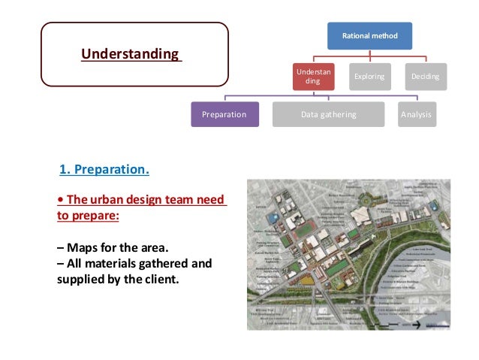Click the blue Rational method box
pos(369,35)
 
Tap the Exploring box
pos(369,76)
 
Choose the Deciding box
pos(426,76)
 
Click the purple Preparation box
pos(224,115)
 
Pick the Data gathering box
pos(328,115)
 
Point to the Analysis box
pos(415,115)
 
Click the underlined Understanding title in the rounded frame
pos(131,54)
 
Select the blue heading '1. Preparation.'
pos(104,169)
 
